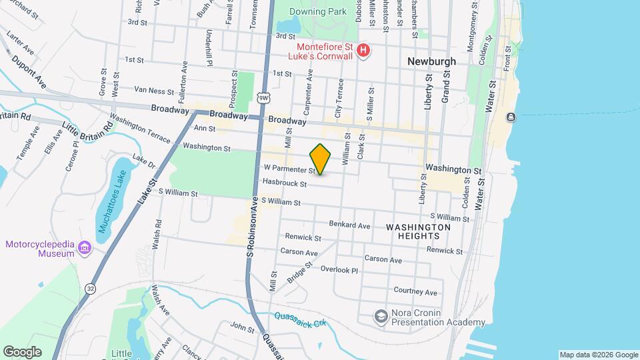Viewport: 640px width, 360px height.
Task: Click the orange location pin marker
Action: pyautogui.click(x=321, y=159)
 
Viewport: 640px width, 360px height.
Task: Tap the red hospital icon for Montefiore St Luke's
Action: pyautogui.click(x=363, y=50)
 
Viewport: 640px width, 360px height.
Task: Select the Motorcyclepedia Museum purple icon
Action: pyautogui.click(x=84, y=249)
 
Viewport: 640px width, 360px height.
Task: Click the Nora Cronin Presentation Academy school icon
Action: pyautogui.click(x=381, y=315)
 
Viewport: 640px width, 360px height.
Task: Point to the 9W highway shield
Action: pyautogui.click(x=265, y=97)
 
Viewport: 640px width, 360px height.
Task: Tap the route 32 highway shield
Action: pyautogui.click(x=90, y=288)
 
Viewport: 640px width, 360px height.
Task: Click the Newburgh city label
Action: pyautogui.click(x=431, y=61)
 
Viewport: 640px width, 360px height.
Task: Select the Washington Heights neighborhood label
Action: pyautogui.click(x=418, y=231)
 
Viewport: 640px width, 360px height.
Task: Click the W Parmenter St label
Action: pyautogui.click(x=287, y=170)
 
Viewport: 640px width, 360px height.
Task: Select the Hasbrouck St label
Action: pyautogui.click(x=285, y=183)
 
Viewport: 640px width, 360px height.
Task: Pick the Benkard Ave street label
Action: pyautogui.click(x=349, y=226)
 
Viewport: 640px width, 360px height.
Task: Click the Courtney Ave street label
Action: pyautogui.click(x=415, y=291)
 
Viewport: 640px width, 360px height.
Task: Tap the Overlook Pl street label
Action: pyautogui.click(x=339, y=270)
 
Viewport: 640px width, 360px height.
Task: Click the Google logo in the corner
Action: pyautogui.click(x=21, y=352)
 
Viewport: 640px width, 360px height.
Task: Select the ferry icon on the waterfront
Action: pyautogui.click(x=511, y=117)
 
